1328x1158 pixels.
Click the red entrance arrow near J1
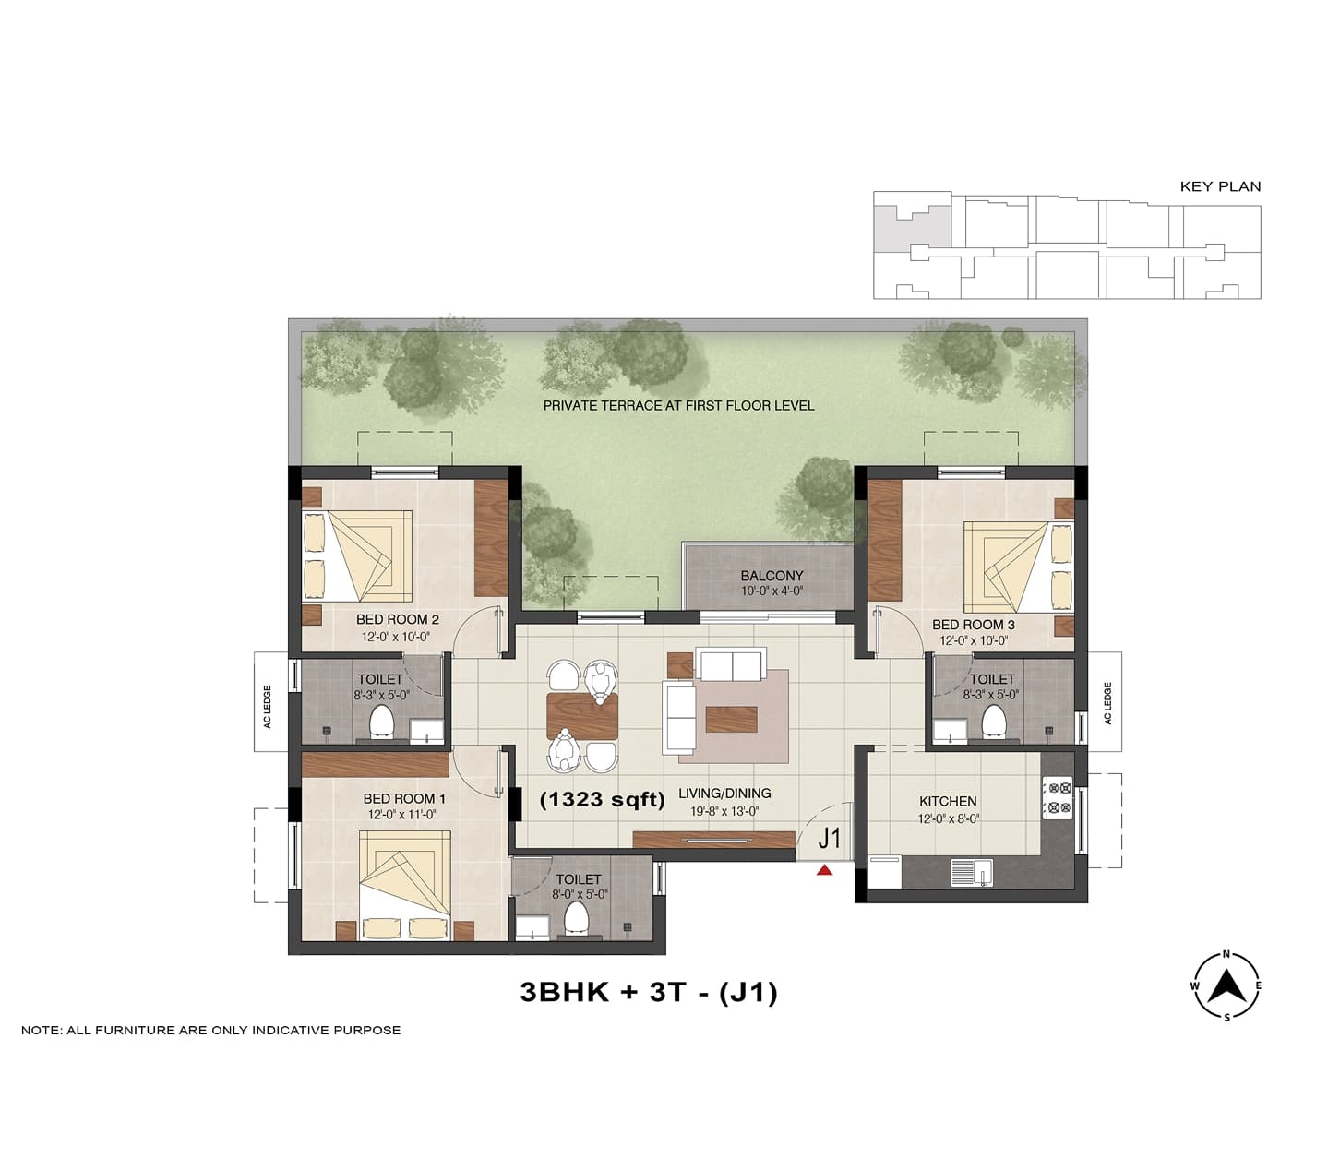click(x=824, y=870)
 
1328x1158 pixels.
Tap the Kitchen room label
click(x=948, y=801)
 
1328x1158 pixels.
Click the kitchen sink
click(x=971, y=873)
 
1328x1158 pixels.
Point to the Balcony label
click(x=772, y=576)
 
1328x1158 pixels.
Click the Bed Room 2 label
click(x=397, y=619)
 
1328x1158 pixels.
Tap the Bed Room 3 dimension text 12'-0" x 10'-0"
click(x=974, y=641)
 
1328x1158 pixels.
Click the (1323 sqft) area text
click(x=603, y=800)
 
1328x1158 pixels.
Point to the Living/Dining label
click(x=725, y=793)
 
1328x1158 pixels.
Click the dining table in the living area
click(x=582, y=717)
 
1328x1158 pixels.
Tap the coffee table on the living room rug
click(x=731, y=719)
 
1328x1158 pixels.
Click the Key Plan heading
click(x=1220, y=186)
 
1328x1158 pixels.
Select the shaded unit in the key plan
click(x=913, y=226)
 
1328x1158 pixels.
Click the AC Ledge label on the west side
click(x=268, y=707)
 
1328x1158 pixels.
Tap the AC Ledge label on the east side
click(x=1108, y=703)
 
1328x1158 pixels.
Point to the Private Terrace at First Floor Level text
click(x=678, y=405)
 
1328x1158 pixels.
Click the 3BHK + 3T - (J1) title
click(x=649, y=993)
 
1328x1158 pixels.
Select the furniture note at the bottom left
click(x=211, y=1030)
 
